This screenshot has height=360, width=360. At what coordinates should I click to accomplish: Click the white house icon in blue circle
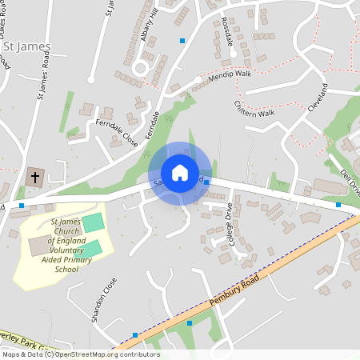click(179, 172)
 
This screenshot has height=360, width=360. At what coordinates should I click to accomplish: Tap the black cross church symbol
click(35, 176)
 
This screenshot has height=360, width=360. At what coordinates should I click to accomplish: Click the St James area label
click(27, 47)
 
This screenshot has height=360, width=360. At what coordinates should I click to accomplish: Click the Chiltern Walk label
click(254, 109)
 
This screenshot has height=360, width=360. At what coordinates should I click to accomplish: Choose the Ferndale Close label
click(117, 133)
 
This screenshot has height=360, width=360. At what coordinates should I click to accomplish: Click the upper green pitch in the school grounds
click(94, 221)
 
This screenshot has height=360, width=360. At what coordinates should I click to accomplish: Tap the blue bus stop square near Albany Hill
click(182, 40)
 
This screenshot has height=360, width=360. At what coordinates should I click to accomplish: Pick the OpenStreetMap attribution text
click(80, 354)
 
